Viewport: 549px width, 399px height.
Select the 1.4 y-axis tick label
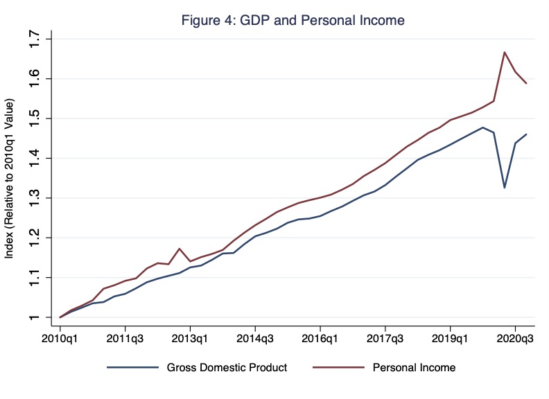[33, 159]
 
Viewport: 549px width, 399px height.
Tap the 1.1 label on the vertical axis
[33, 278]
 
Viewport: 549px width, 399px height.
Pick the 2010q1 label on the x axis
[60, 339]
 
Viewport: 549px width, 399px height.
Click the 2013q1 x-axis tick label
[190, 339]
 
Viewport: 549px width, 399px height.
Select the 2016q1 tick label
[320, 339]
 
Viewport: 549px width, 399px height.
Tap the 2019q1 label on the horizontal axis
[451, 339]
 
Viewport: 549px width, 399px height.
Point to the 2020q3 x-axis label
[516, 339]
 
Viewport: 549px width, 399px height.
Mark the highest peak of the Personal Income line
[505, 52]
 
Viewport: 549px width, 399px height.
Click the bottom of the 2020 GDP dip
[505, 188]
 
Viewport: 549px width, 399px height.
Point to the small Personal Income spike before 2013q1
[180, 249]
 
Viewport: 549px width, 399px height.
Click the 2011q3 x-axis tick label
[125, 339]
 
